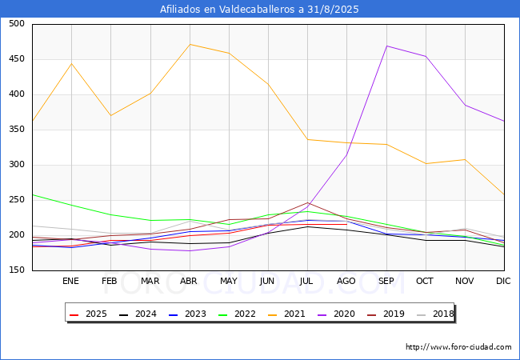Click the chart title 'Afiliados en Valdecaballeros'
click(259, 10)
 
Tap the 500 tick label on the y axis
click(16, 24)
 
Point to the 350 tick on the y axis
click(16, 130)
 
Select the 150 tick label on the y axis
click(16, 270)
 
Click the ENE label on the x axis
click(71, 282)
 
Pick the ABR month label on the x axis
click(189, 282)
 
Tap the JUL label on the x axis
click(307, 282)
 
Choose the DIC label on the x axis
click(503, 282)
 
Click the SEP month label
click(386, 282)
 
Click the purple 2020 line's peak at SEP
click(386, 46)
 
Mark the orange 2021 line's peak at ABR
click(190, 44)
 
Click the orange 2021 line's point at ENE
click(71, 63)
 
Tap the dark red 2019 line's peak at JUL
click(307, 202)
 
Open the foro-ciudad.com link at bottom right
click(458, 347)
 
